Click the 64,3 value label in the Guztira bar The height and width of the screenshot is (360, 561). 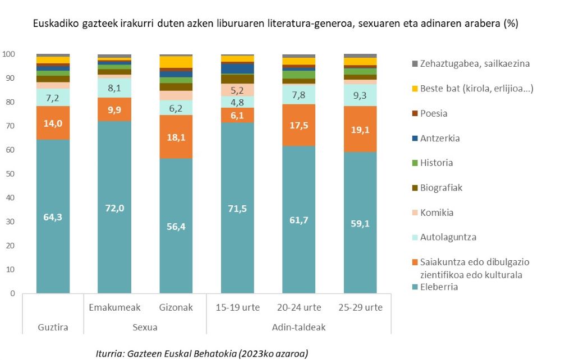[53, 217]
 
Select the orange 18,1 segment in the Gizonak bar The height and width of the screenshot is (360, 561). [176, 137]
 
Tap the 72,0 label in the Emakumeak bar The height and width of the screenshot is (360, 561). [114, 208]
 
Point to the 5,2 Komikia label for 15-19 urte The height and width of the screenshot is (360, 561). [237, 90]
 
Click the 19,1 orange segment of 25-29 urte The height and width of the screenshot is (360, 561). [360, 128]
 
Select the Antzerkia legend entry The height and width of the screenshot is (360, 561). [440, 138]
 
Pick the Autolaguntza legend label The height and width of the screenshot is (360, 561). [448, 237]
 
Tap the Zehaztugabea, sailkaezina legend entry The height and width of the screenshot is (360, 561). [475, 63]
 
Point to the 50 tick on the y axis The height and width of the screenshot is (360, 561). [10, 174]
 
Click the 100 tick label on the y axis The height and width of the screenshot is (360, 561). [8, 54]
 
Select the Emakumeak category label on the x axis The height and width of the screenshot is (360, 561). [114, 307]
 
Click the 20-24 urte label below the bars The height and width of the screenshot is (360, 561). [298, 307]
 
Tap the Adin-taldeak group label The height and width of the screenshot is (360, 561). [299, 327]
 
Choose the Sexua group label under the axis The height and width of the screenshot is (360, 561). [145, 327]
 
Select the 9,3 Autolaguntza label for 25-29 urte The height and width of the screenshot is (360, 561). [360, 96]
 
